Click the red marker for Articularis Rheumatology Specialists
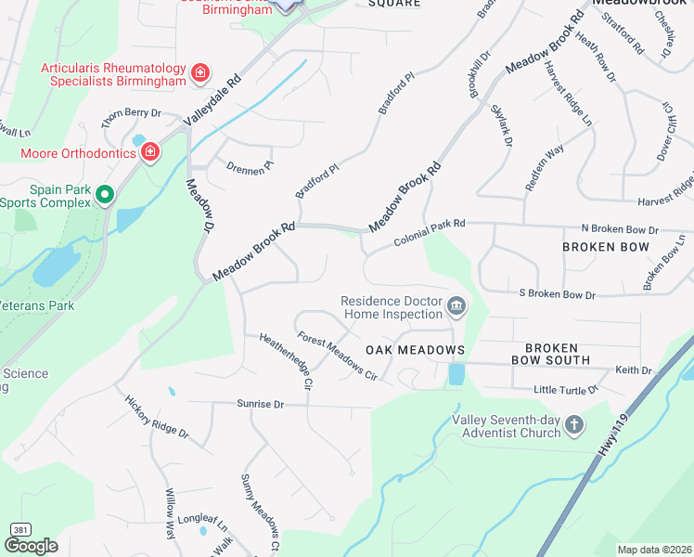coord(199,72)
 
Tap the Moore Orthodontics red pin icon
coord(150,152)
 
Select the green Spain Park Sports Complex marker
coord(105,194)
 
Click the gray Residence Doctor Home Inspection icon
coord(456,306)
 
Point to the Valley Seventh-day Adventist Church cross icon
coord(574,425)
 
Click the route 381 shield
coord(19,529)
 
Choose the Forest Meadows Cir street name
coord(337,356)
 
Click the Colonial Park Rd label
coord(429,232)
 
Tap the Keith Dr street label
coord(634,369)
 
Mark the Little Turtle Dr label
coord(566,390)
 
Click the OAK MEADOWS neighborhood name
coord(414,349)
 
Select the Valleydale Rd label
coord(212,100)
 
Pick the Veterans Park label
coord(37,305)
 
